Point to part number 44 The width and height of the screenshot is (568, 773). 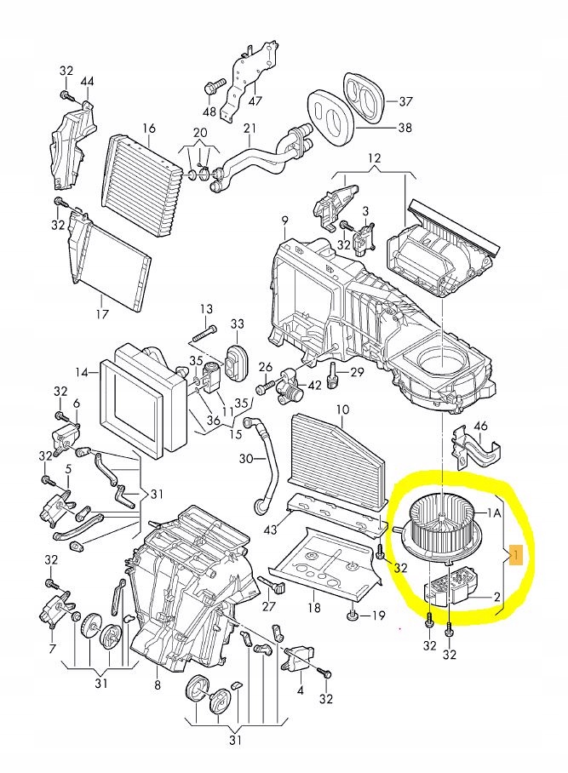point(87,81)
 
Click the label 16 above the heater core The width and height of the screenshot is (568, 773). point(149,129)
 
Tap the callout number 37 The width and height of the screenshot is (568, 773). point(405,101)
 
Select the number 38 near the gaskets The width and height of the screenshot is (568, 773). point(405,129)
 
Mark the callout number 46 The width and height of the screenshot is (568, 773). point(481,426)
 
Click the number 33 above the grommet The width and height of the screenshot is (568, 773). point(237,324)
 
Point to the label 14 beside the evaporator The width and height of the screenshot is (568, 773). point(82,372)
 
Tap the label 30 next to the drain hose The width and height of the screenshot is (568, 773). point(246,459)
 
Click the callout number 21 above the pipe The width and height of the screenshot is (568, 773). point(250,129)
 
